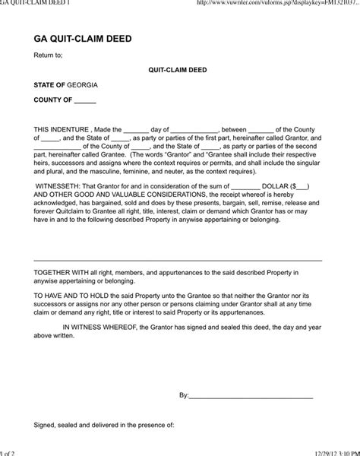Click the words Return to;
point(48,55)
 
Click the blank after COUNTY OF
point(86,100)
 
